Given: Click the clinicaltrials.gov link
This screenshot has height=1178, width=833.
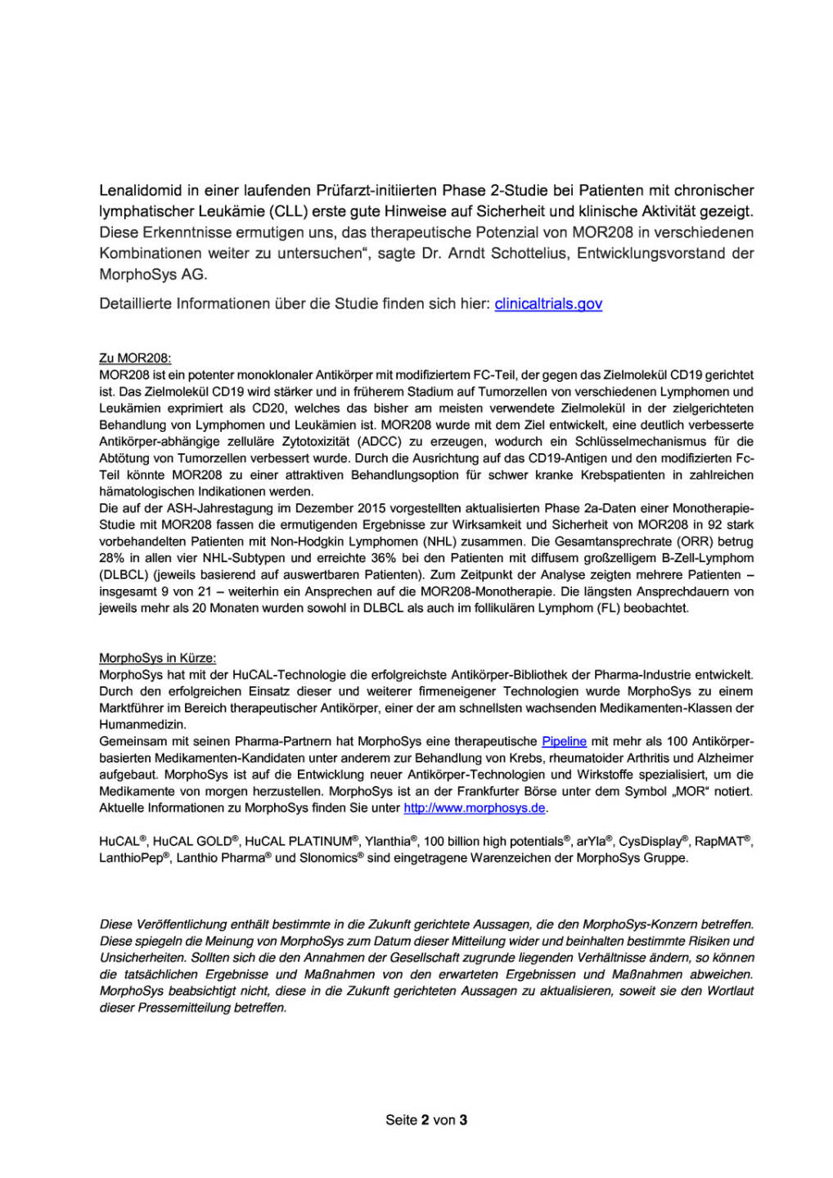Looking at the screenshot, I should (x=548, y=303).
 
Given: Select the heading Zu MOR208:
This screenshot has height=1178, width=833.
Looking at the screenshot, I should (x=135, y=358).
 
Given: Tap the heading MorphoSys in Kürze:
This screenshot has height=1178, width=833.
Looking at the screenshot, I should (x=157, y=658).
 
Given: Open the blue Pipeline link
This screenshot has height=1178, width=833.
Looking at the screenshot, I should (x=564, y=741).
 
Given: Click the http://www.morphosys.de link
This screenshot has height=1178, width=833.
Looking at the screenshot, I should (x=475, y=808).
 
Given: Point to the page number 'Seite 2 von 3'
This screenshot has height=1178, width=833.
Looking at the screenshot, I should (x=426, y=1120).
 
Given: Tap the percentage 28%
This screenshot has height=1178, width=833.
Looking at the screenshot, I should (x=111, y=558).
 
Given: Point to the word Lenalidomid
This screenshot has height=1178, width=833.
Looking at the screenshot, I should (x=141, y=190).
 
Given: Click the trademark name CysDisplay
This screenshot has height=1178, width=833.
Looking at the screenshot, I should (x=650, y=842).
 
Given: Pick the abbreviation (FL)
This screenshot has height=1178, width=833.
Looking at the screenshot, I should (x=606, y=608).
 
